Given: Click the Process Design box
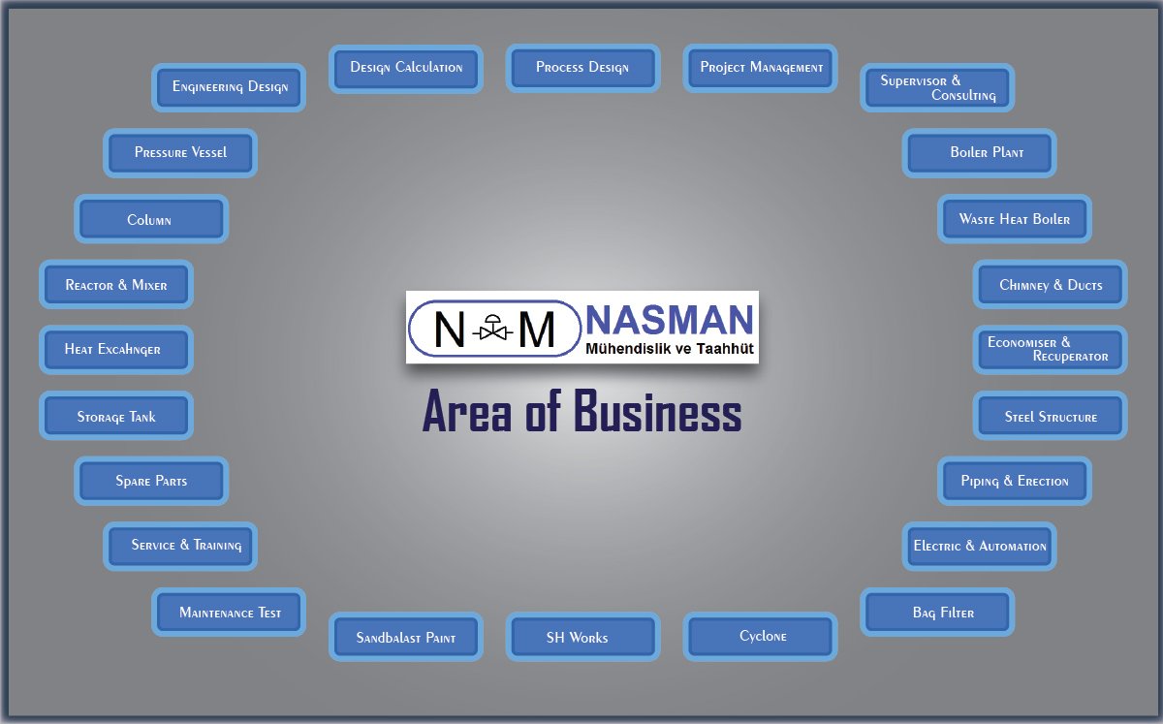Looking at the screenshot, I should click(582, 68).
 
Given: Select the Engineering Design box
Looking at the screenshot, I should click(230, 87).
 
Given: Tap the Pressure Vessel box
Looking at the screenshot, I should click(181, 153).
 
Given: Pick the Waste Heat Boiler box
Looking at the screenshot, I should click(1015, 219).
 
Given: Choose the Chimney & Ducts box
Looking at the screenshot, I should click(1051, 285).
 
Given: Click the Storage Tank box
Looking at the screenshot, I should click(116, 417).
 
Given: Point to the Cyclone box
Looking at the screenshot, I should click(761, 637).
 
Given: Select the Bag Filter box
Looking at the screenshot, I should click(938, 613).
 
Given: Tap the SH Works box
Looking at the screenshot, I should click(582, 637).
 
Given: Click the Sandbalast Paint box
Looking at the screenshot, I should click(406, 638).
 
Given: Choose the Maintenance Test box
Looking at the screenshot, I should click(230, 613).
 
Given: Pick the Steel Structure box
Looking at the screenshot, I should click(1051, 417).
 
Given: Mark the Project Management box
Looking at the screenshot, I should click(761, 68).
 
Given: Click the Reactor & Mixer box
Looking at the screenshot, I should click(116, 285).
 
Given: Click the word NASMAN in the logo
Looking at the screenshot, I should click(670, 319).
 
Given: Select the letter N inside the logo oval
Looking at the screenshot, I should click(450, 330).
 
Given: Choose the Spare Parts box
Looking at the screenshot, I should click(151, 481).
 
